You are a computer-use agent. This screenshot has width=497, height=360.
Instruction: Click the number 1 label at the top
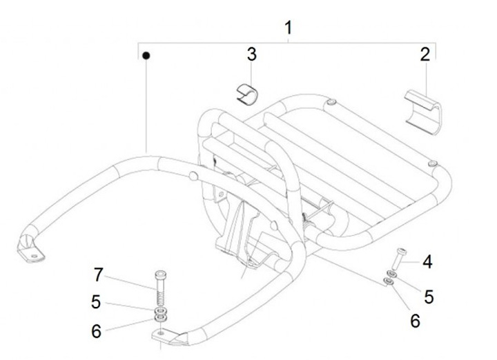[x=288, y=27]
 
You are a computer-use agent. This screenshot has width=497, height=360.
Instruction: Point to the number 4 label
[x=427, y=261]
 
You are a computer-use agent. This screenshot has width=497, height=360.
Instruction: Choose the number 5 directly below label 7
[x=97, y=301]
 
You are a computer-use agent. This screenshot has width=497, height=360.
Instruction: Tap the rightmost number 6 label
[x=415, y=321]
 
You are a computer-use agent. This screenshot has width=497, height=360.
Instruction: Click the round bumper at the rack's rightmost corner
[x=433, y=163]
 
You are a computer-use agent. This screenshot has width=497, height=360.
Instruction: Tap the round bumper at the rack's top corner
[x=332, y=103]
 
